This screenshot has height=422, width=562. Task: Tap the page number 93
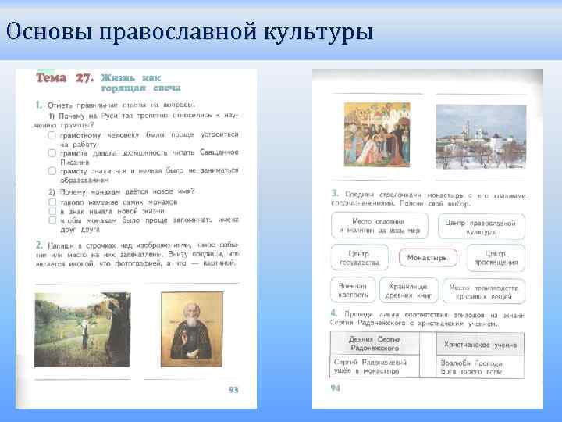tap(233, 388)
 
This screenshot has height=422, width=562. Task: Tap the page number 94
tap(336, 387)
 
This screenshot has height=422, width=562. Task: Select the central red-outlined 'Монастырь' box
tap(427, 257)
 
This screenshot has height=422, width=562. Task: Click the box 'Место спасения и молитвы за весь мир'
tap(379, 226)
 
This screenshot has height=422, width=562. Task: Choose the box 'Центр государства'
tap(360, 258)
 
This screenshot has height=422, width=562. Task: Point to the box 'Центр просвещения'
tap(496, 258)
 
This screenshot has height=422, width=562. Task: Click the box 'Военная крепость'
tap(353, 291)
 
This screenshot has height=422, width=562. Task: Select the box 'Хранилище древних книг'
tap(408, 291)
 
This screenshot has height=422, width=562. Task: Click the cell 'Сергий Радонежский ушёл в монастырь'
tap(373, 367)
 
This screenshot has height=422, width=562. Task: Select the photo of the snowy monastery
tap(481, 137)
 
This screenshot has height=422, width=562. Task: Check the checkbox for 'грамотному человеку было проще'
tap(52, 134)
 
